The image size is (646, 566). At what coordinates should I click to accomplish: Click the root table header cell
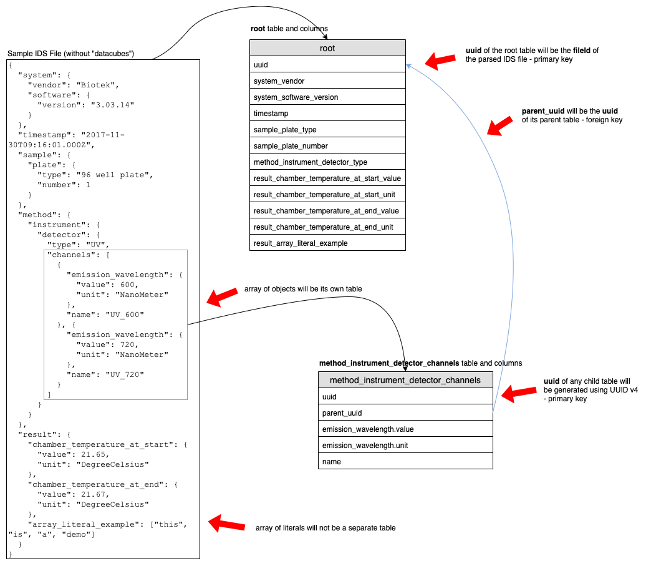pyautogui.click(x=327, y=48)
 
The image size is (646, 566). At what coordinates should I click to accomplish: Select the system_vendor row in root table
pyautogui.click(x=327, y=81)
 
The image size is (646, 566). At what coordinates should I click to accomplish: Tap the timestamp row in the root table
pyautogui.click(x=327, y=113)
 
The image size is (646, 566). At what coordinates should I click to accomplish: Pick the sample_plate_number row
pyautogui.click(x=327, y=145)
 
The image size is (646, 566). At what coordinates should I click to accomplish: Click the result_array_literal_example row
pyautogui.click(x=327, y=243)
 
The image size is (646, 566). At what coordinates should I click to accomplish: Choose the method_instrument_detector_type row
pyautogui.click(x=327, y=162)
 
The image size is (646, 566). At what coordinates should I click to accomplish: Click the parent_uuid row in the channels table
pyautogui.click(x=405, y=412)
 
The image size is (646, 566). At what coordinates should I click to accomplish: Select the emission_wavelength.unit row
pyautogui.click(x=405, y=445)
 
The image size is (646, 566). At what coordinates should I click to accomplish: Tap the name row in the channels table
pyautogui.click(x=405, y=461)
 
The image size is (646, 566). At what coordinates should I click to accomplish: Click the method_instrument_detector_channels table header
pyautogui.click(x=405, y=380)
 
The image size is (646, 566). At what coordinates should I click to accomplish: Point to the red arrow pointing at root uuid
pyautogui.click(x=440, y=61)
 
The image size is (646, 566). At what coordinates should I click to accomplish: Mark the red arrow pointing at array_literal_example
pyautogui.click(x=223, y=523)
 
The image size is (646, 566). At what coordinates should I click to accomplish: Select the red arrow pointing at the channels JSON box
pyautogui.click(x=222, y=298)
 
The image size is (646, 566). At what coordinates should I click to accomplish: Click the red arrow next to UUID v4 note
pyautogui.click(x=518, y=393)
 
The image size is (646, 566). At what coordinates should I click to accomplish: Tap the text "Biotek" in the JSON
pyautogui.click(x=100, y=85)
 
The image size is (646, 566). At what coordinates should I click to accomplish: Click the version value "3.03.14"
pyautogui.click(x=113, y=105)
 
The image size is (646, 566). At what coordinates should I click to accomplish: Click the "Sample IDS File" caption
pyautogui.click(x=70, y=54)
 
